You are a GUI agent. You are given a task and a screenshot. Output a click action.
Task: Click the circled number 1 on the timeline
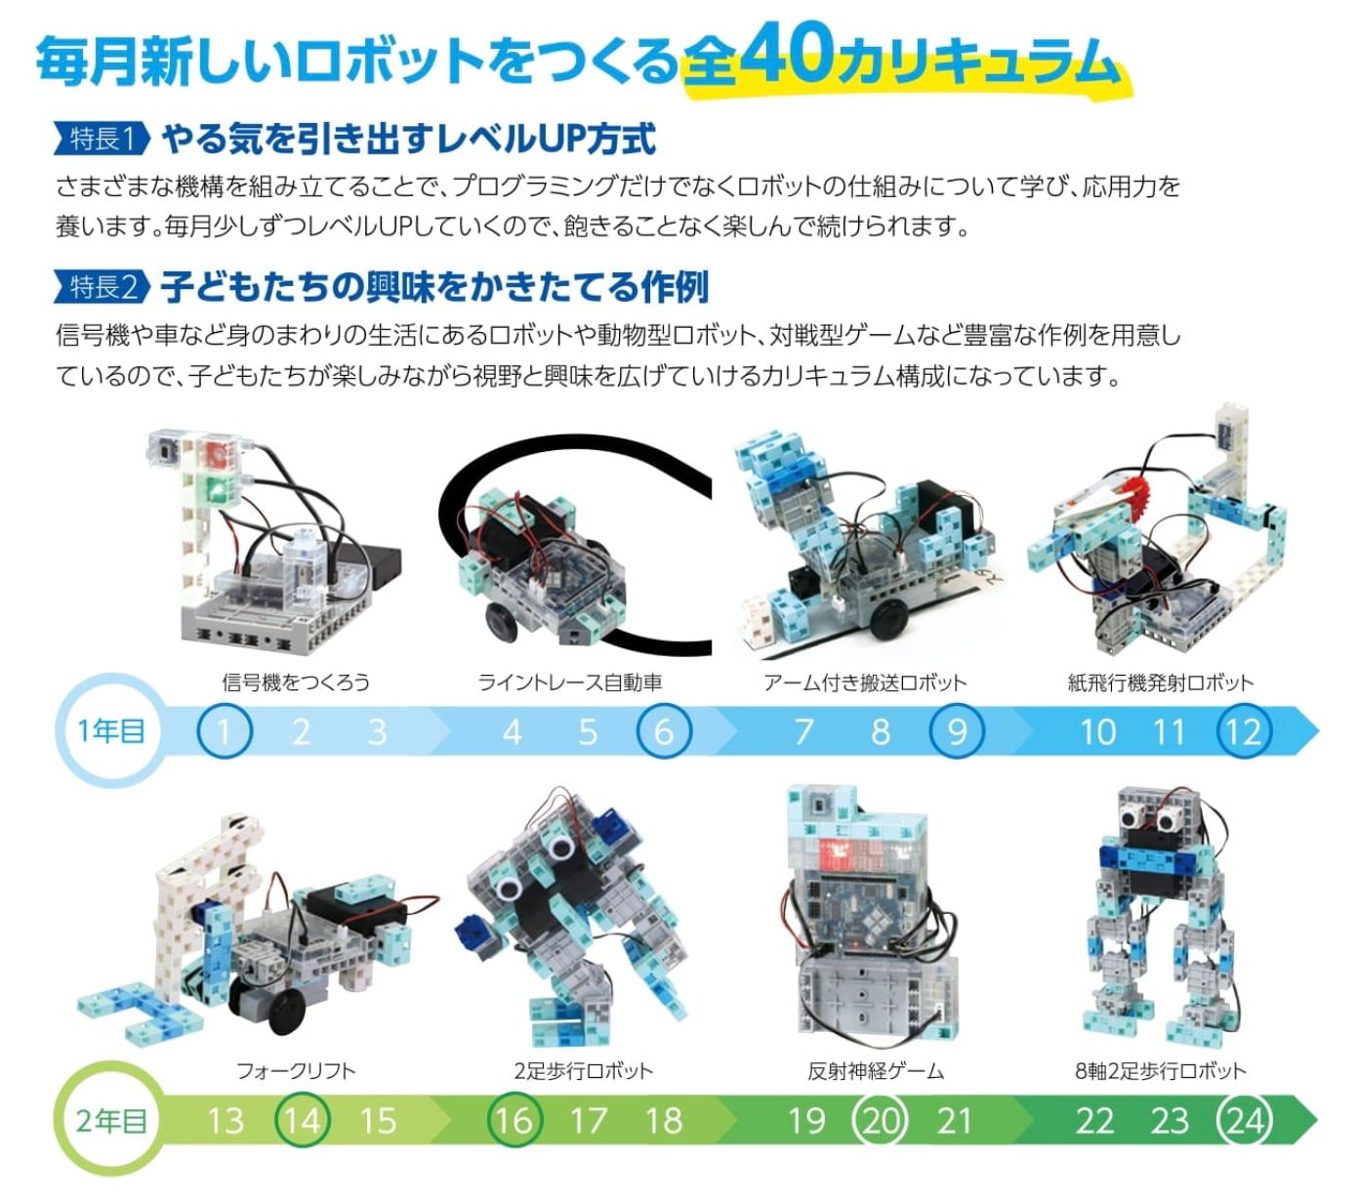225,730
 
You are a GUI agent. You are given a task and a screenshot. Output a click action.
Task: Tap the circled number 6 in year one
663,730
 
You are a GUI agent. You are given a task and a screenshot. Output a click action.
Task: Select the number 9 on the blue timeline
957,730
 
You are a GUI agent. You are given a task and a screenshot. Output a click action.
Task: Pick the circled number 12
1243,730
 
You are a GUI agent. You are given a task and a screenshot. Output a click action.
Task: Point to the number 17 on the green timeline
588,1120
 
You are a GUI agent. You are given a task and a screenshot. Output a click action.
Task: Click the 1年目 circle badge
111,730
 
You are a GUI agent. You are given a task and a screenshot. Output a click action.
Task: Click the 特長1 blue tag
102,140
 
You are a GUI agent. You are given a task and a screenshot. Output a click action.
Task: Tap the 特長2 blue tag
102,287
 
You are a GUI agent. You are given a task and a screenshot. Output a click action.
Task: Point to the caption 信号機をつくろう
296,682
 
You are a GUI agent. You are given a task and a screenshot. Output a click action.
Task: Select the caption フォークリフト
296,1070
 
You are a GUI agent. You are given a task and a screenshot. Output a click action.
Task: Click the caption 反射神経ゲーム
875,1070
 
